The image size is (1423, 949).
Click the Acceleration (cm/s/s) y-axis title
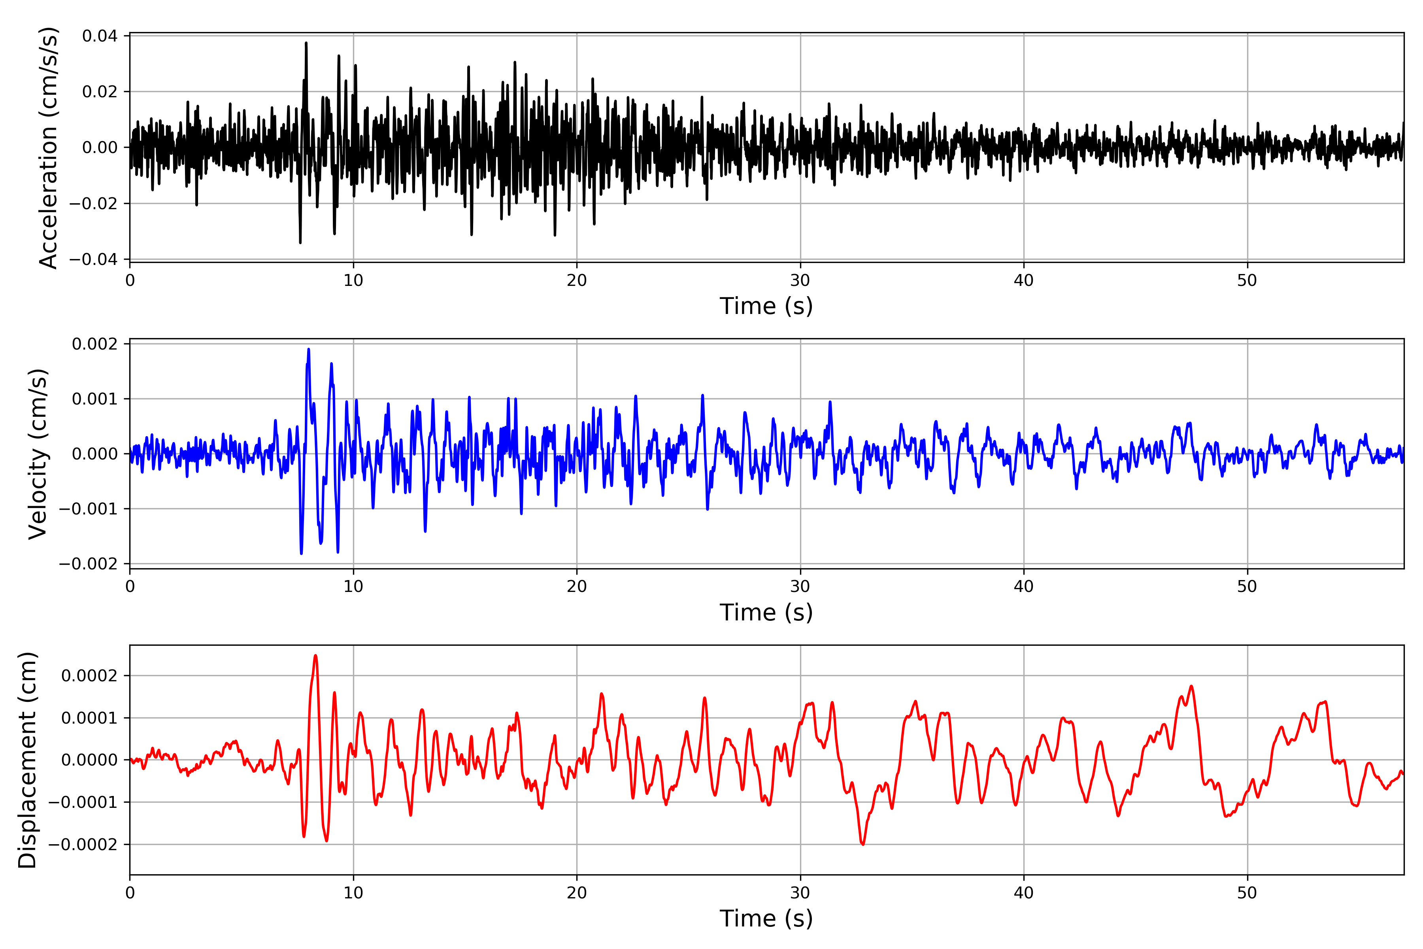click(x=48, y=147)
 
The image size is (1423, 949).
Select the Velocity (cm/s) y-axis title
click(x=38, y=454)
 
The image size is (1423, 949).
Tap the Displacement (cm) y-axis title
click(x=27, y=760)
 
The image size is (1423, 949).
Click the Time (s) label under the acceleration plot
click(x=766, y=306)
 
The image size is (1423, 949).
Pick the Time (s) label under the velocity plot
click(x=766, y=613)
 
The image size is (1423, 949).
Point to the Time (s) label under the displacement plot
click(x=766, y=919)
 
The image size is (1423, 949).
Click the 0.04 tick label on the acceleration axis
click(x=100, y=36)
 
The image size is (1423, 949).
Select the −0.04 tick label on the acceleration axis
click(x=93, y=260)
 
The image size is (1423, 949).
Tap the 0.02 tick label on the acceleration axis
click(x=100, y=92)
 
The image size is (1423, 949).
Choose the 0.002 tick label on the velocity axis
click(x=94, y=344)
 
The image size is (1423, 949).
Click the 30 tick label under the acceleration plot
click(x=800, y=281)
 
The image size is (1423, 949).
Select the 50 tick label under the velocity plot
click(x=1247, y=586)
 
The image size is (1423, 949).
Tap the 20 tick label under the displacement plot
click(x=577, y=893)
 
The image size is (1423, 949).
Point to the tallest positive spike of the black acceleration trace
click(x=306, y=43)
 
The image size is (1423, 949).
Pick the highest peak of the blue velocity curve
click(x=309, y=349)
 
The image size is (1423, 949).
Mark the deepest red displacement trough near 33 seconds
click(x=863, y=844)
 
